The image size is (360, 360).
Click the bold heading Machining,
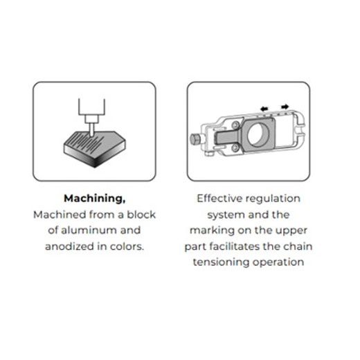[95, 199]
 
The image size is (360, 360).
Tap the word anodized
[69, 246]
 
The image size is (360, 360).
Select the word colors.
[127, 246]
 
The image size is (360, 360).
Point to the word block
[141, 215]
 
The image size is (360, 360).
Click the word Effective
[219, 199]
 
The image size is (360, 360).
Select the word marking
[212, 231]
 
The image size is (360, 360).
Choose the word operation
[278, 262]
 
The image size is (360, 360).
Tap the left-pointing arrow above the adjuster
[264, 109]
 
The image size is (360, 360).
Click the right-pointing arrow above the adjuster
[285, 107]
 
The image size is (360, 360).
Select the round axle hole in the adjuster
[256, 134]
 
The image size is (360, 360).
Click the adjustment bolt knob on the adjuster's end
[195, 138]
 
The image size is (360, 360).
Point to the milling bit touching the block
[91, 129]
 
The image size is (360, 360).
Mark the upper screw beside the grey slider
[235, 125]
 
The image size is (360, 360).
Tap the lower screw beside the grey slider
[235, 148]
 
